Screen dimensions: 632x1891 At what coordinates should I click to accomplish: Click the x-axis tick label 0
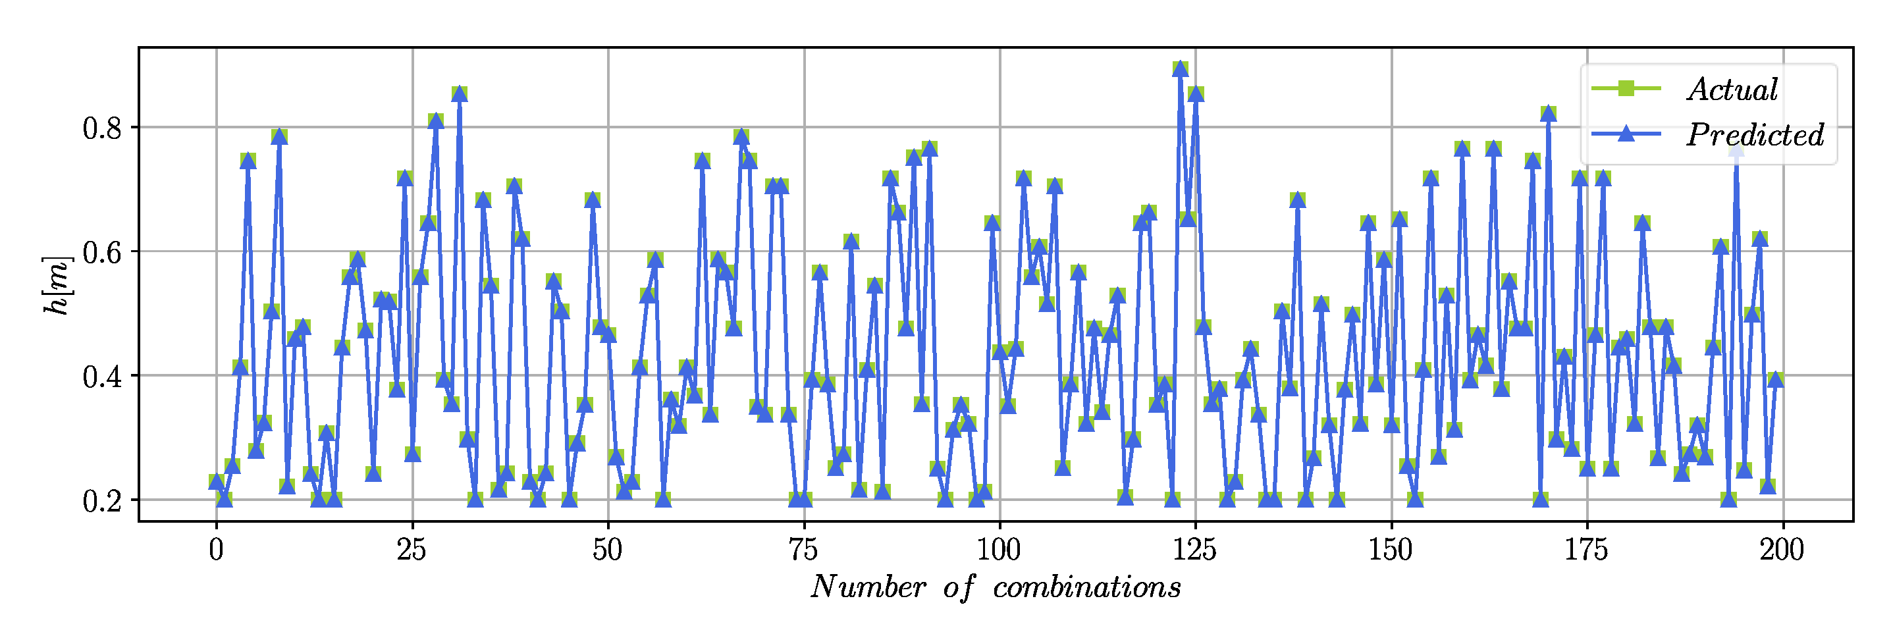(x=216, y=550)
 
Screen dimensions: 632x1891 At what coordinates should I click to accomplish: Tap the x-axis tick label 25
(x=412, y=550)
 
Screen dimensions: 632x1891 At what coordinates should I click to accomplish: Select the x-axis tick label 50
(x=608, y=550)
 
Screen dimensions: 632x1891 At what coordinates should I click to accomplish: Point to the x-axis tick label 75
(x=804, y=550)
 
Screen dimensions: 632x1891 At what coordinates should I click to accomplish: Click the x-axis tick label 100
(x=999, y=550)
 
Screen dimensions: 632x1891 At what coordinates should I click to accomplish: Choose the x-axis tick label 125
(x=1195, y=550)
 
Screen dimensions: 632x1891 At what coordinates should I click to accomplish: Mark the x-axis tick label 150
(x=1391, y=550)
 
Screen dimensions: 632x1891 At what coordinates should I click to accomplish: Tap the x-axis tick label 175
(x=1587, y=550)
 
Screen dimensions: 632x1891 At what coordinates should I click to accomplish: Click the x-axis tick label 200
(x=1782, y=550)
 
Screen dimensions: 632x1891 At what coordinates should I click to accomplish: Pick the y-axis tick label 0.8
(x=102, y=128)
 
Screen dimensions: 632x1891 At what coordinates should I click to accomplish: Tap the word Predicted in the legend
(x=1755, y=134)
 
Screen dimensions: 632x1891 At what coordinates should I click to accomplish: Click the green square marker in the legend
(x=1626, y=89)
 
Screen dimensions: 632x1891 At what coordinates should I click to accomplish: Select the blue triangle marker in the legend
(x=1626, y=134)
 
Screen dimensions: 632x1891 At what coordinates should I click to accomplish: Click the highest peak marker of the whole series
(x=1181, y=68)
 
